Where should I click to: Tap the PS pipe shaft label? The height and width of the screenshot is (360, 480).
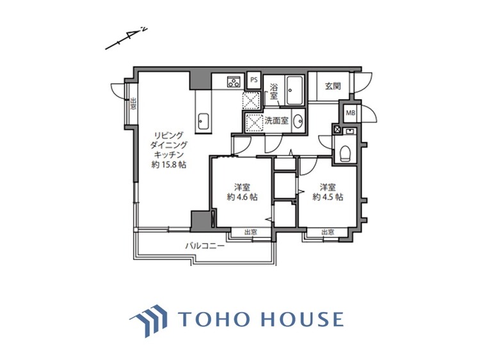pyautogui.click(x=254, y=80)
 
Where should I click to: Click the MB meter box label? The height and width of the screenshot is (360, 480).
pyautogui.click(x=350, y=113)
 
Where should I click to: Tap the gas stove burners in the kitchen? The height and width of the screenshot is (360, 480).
pyautogui.click(x=234, y=81)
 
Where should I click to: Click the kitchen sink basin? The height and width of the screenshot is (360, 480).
pyautogui.click(x=204, y=120)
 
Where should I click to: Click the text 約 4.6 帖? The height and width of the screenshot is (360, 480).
pyautogui.click(x=243, y=197)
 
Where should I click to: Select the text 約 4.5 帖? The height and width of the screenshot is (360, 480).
pyautogui.click(x=328, y=197)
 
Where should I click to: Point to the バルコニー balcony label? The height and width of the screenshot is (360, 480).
pyautogui.click(x=205, y=246)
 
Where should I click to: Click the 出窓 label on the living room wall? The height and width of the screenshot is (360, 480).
pyautogui.click(x=133, y=104)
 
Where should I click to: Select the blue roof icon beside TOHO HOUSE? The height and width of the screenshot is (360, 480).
pyautogui.click(x=147, y=319)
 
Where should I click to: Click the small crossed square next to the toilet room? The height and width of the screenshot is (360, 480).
pyautogui.click(x=337, y=129)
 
